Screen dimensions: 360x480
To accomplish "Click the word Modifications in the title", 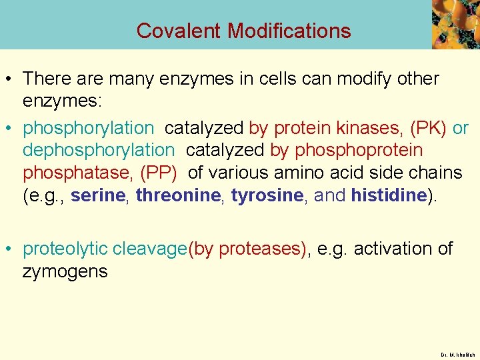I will [289, 31].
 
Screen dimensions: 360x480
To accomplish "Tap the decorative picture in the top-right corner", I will [455, 24].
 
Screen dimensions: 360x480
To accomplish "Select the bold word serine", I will [99, 195].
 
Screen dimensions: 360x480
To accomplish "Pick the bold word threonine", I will [178, 195].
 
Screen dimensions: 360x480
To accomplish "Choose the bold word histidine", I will [389, 195].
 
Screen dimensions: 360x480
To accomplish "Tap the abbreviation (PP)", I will [158, 173].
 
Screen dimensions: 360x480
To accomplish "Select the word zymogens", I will [65, 271].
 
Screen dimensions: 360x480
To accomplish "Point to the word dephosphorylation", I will [98, 150].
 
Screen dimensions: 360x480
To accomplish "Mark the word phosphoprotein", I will [359, 150].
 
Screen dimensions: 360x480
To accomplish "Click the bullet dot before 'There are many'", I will [11, 79].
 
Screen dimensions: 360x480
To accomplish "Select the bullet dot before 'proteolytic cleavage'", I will [11, 249].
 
